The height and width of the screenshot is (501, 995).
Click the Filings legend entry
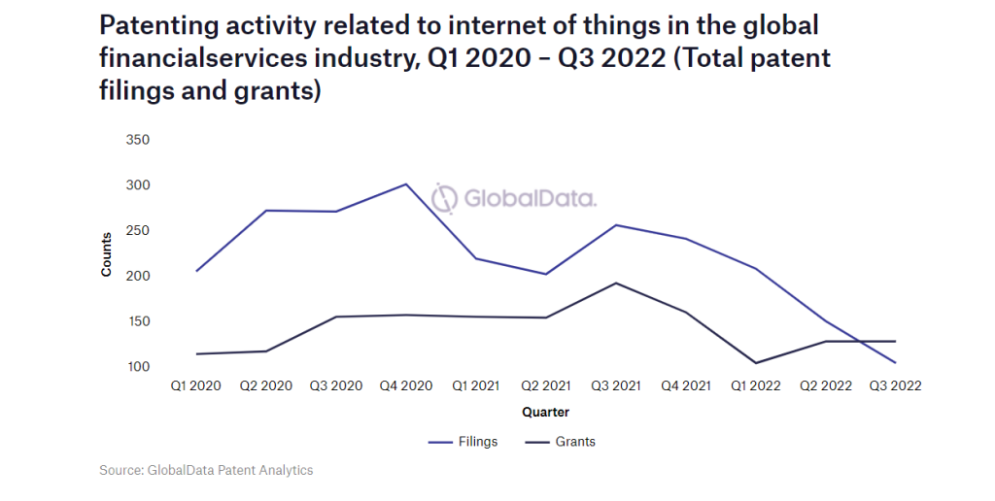coord(463,442)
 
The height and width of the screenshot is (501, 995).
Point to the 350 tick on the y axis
coord(138,140)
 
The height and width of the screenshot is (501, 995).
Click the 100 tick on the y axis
coord(138,367)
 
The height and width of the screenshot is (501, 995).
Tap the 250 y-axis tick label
coord(138,231)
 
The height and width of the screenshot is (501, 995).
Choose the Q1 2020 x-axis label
coord(195,385)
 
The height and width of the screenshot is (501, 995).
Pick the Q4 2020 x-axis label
coord(405,385)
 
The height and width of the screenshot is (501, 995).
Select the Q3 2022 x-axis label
coord(895,385)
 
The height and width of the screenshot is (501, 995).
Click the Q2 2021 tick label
coord(545,385)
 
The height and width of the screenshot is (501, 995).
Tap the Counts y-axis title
coord(107,252)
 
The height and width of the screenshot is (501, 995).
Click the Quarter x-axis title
coord(545,412)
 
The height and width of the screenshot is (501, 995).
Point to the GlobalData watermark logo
coord(514,198)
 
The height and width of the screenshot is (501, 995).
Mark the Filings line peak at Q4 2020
coord(405,184)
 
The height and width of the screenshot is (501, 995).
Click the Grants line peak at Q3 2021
coord(615,283)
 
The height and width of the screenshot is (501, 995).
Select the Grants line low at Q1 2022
coord(755,363)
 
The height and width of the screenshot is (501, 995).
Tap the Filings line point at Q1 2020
coord(195,271)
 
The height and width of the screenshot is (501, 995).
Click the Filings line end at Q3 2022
coord(895,363)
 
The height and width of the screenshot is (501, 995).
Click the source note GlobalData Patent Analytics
coord(206,470)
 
